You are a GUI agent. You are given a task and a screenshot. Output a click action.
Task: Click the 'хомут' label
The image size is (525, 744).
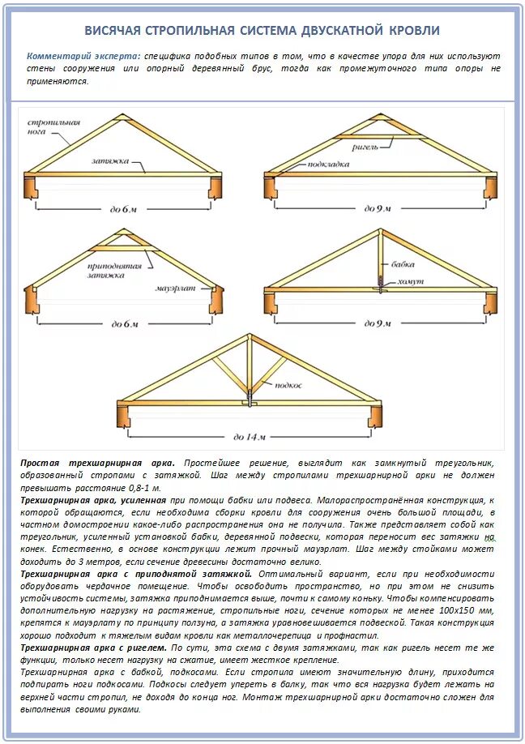tap(408, 282)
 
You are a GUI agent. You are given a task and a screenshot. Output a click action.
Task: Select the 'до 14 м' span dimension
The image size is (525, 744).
tap(249, 437)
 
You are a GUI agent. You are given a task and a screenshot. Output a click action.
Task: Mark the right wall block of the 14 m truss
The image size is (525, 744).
tap(375, 414)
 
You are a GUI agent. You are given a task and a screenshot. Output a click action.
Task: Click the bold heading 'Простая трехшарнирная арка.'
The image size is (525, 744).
tap(96, 462)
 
